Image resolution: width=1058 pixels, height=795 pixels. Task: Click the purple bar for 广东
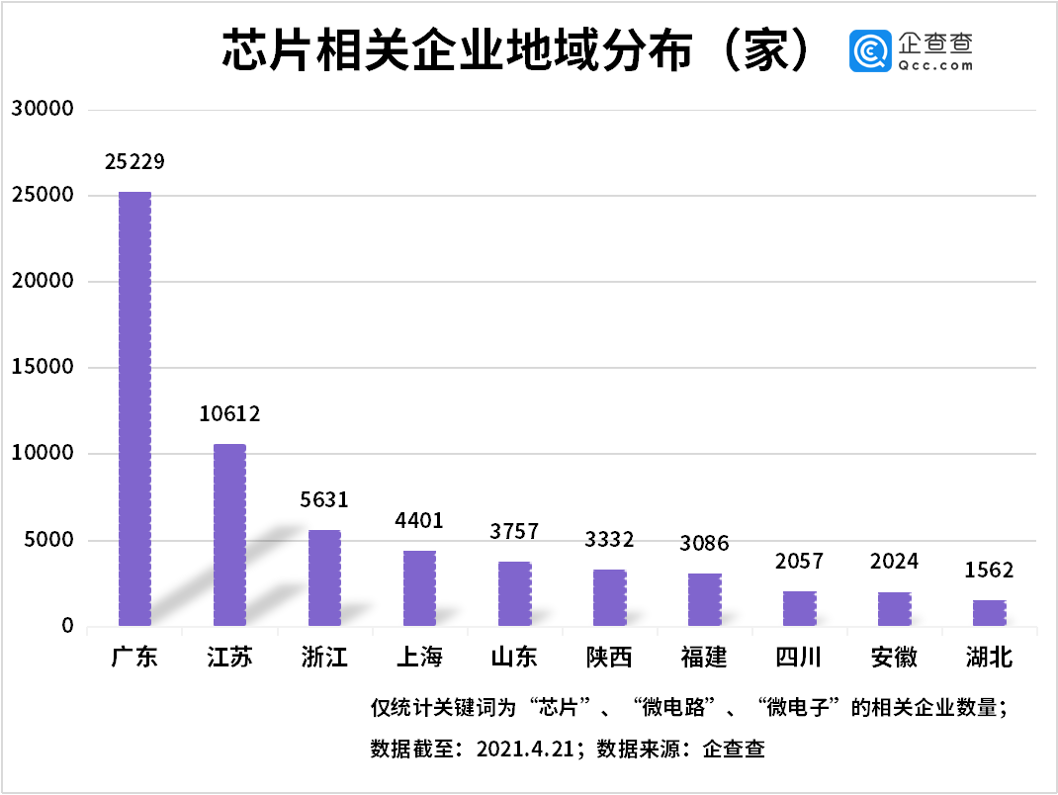click(134, 408)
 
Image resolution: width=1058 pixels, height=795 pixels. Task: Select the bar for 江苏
click(229, 535)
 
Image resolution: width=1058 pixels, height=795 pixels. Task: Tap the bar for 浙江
click(324, 577)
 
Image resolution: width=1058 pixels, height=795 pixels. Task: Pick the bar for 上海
click(419, 588)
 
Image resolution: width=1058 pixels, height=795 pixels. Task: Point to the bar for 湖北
click(989, 613)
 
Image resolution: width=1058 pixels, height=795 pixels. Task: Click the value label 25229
click(134, 161)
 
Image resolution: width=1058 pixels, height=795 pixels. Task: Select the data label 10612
click(229, 414)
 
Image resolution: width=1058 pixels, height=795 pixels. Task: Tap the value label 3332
click(609, 539)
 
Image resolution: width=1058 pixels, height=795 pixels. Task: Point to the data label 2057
click(799, 562)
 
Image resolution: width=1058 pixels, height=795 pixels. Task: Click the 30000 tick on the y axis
click(43, 110)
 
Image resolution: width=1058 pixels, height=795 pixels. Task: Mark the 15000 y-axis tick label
click(43, 368)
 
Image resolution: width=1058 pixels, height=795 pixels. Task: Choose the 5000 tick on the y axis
click(47, 541)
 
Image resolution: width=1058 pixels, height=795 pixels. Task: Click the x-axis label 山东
click(514, 657)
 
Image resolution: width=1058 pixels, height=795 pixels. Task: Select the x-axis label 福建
click(704, 657)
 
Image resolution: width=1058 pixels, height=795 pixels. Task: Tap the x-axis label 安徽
click(894, 657)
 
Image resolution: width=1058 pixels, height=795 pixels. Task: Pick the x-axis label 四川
click(799, 657)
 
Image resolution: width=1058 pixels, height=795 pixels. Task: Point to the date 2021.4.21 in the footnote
click(525, 749)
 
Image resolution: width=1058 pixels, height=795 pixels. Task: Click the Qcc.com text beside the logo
click(935, 65)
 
